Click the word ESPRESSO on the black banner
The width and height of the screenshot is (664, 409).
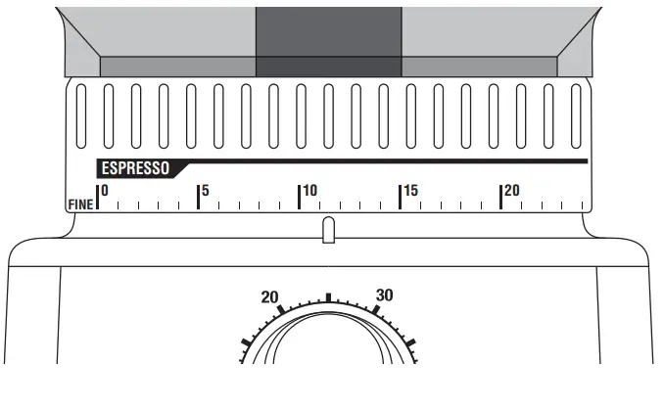pyautogui.click(x=135, y=168)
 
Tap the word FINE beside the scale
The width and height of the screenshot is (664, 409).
pyautogui.click(x=80, y=204)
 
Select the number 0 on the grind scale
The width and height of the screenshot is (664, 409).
pyautogui.click(x=105, y=191)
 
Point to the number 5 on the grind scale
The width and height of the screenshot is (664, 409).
pyautogui.click(x=206, y=191)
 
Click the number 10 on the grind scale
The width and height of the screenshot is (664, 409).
pyautogui.click(x=310, y=191)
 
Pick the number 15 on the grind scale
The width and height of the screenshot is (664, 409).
pyautogui.click(x=410, y=191)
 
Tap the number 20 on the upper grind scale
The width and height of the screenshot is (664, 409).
pyautogui.click(x=511, y=191)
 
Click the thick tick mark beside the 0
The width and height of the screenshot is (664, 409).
pyautogui.click(x=97, y=197)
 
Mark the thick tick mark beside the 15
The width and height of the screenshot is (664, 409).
pyautogui.click(x=401, y=197)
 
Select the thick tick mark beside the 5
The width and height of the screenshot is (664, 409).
pyautogui.click(x=198, y=197)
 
